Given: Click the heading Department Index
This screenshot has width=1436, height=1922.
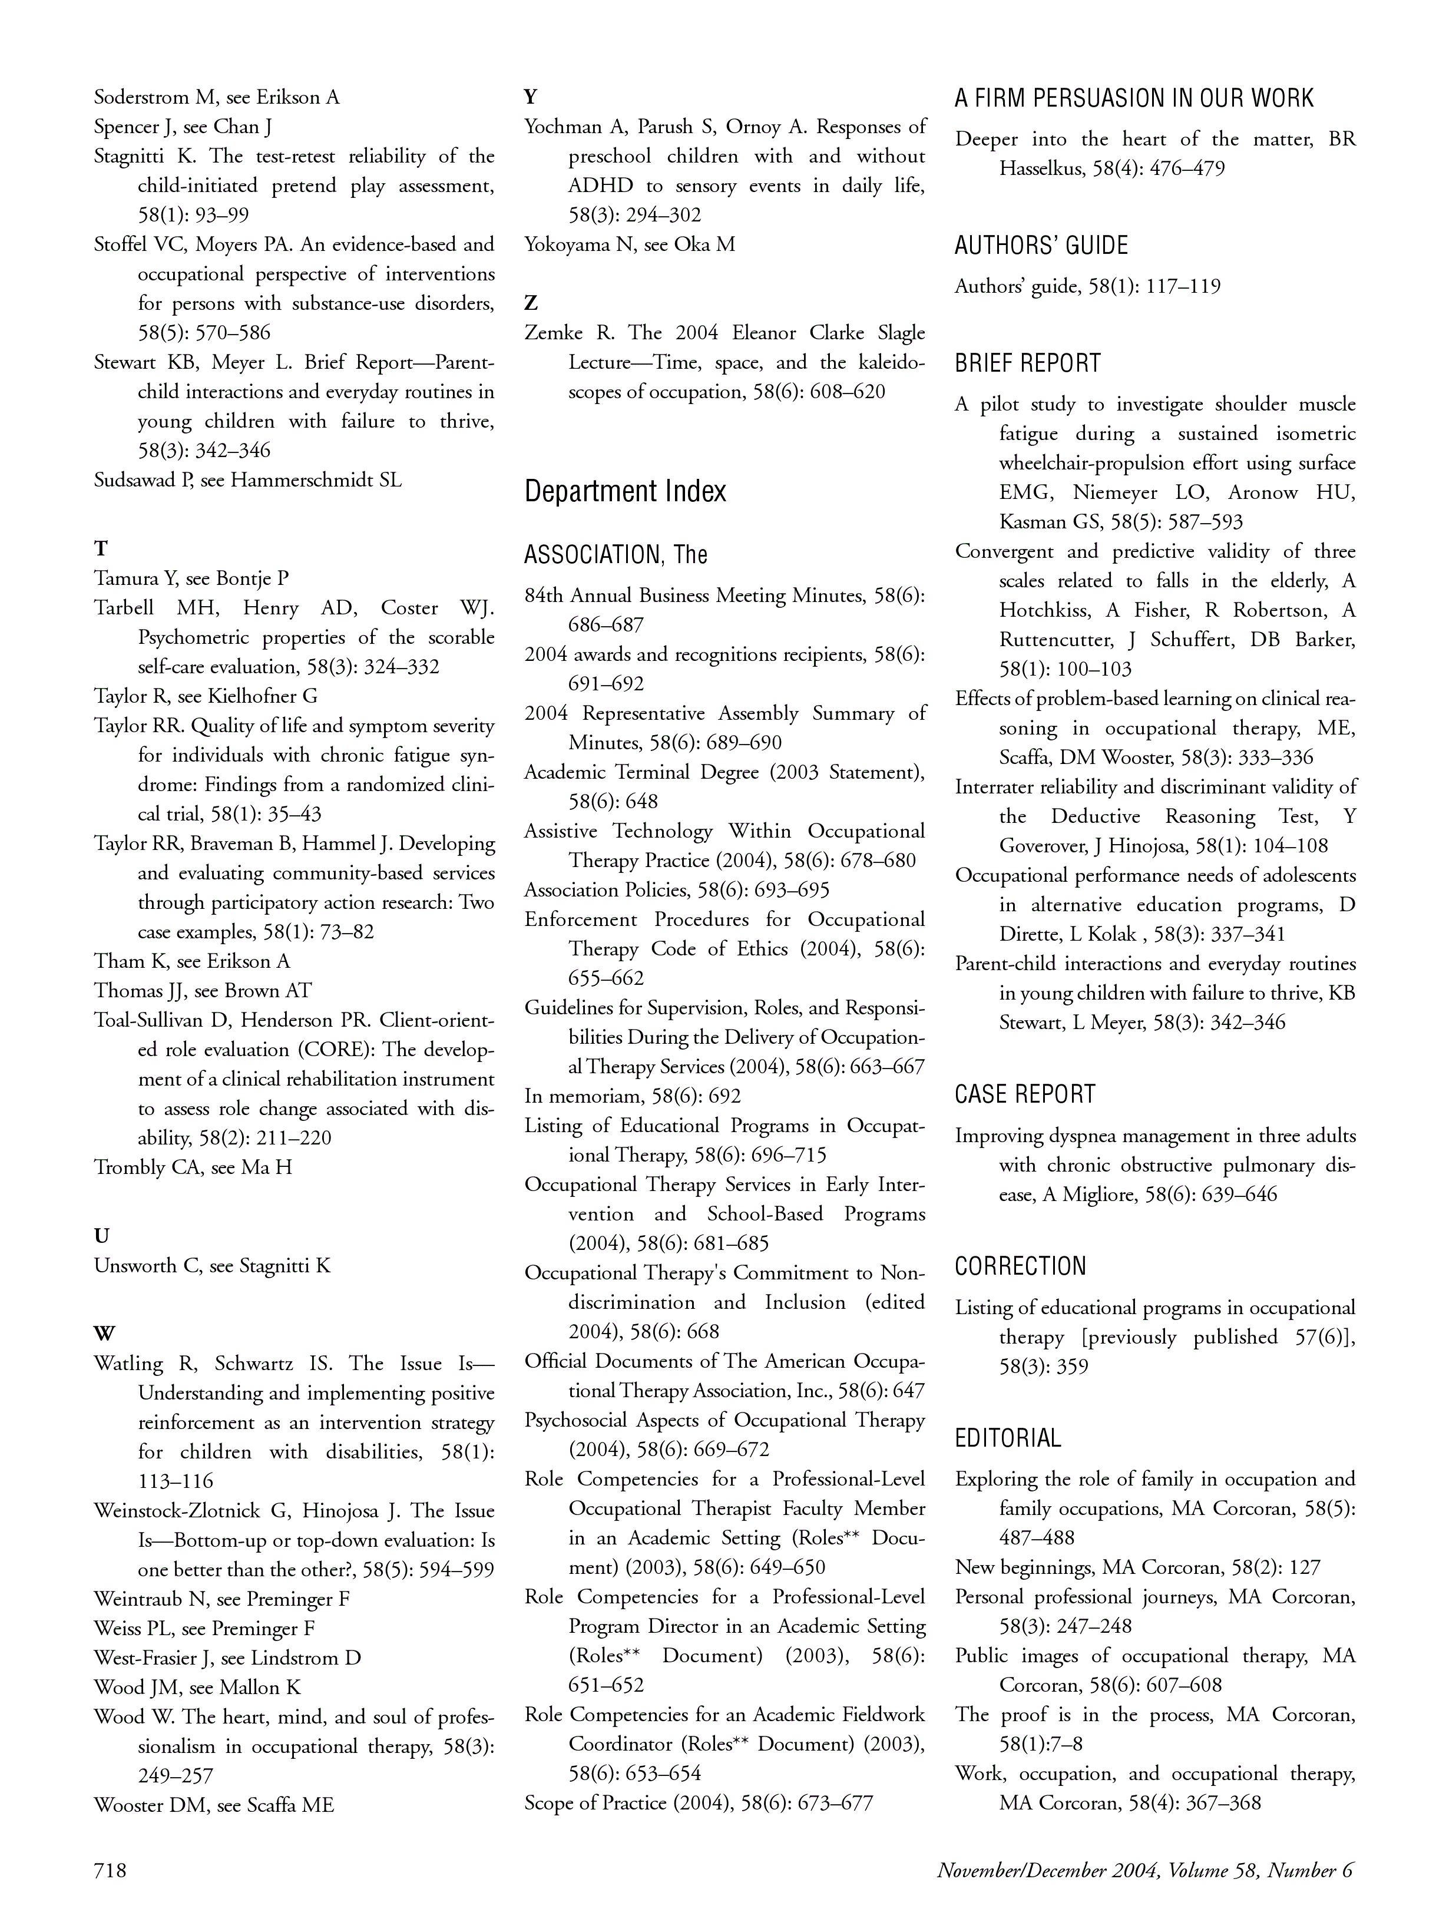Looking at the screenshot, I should (626, 492).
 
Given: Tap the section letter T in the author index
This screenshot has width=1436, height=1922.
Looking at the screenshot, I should (101, 548).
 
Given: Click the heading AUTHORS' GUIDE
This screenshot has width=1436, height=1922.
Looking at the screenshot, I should (1041, 246).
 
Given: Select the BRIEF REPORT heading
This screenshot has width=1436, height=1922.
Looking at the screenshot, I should (1028, 363).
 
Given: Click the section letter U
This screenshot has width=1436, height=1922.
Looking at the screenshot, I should (101, 1235).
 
